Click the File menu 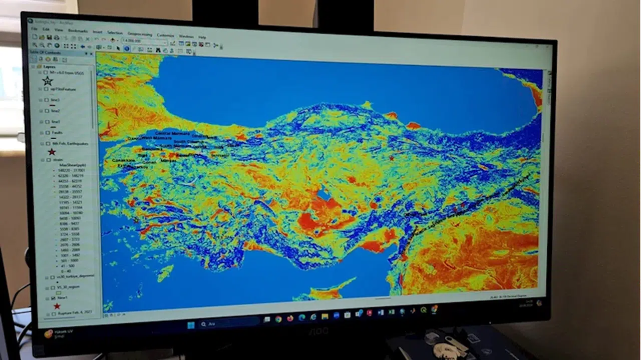point(35,29)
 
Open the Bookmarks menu point(78,31)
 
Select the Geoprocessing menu point(140,34)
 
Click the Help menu point(202,37)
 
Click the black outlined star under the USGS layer point(48,81)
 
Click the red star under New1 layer point(57,306)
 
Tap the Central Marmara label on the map point(172,134)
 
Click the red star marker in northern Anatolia point(392,158)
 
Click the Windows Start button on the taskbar point(191,325)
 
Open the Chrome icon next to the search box point(278,319)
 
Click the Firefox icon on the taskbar point(290,318)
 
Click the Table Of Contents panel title point(45,53)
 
